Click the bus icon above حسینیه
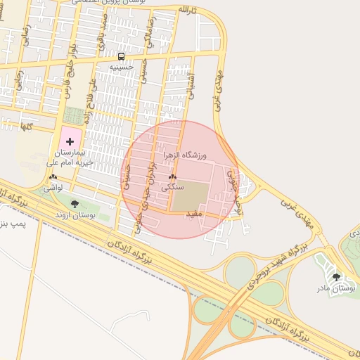click(122, 56)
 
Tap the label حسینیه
click(122, 67)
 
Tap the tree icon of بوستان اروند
click(75, 204)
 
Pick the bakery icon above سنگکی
click(172, 176)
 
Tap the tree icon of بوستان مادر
click(335, 277)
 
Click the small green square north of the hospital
click(72, 115)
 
